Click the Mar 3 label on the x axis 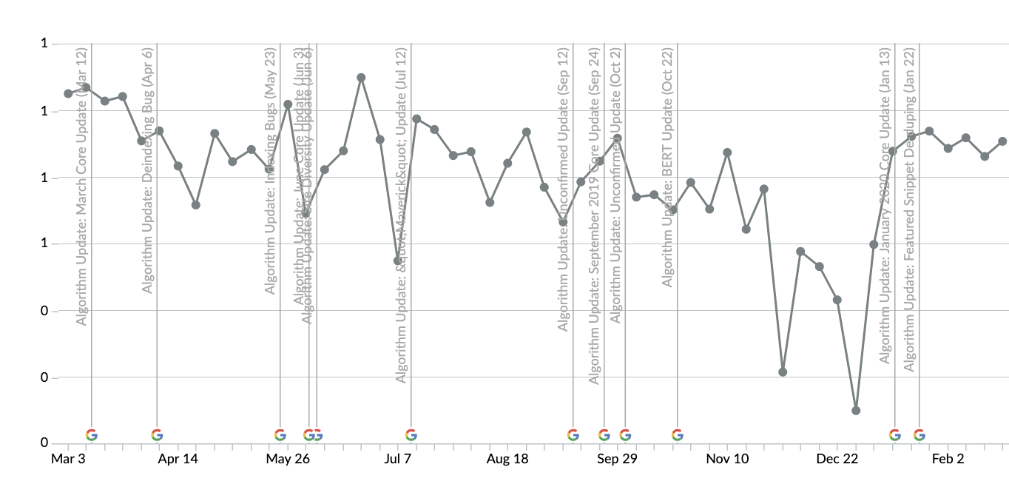[67, 459]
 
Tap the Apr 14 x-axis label [178, 459]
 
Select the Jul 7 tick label [397, 459]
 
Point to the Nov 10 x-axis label [726, 459]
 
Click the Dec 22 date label [837, 459]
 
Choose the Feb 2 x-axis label [948, 459]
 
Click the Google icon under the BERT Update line [677, 435]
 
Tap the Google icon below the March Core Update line [91, 435]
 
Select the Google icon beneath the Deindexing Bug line [157, 435]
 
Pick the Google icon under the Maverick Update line [411, 435]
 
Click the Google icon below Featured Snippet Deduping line [919, 435]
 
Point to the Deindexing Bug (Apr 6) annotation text [148, 170]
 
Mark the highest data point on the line [361, 77]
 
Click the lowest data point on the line [856, 410]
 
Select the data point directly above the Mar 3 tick [68, 93]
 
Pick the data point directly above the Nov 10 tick [727, 152]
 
